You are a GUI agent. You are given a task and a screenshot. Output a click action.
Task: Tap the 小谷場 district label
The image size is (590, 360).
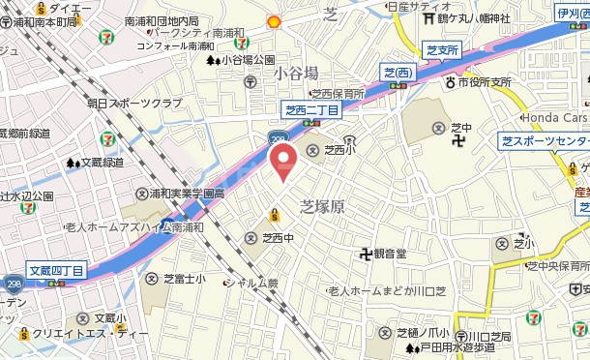(295, 73)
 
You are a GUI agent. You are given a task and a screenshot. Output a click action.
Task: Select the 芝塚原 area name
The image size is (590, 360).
(323, 206)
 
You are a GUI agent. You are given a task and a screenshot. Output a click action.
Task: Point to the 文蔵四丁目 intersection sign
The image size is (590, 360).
(56, 270)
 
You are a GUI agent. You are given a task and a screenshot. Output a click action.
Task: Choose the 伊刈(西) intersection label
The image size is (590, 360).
(571, 13)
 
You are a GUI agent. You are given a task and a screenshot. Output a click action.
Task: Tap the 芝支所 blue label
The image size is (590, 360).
(441, 48)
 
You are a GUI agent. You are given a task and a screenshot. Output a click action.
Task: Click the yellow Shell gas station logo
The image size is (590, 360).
(275, 20)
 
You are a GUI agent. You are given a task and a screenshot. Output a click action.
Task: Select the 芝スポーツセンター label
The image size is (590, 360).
(546, 141)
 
